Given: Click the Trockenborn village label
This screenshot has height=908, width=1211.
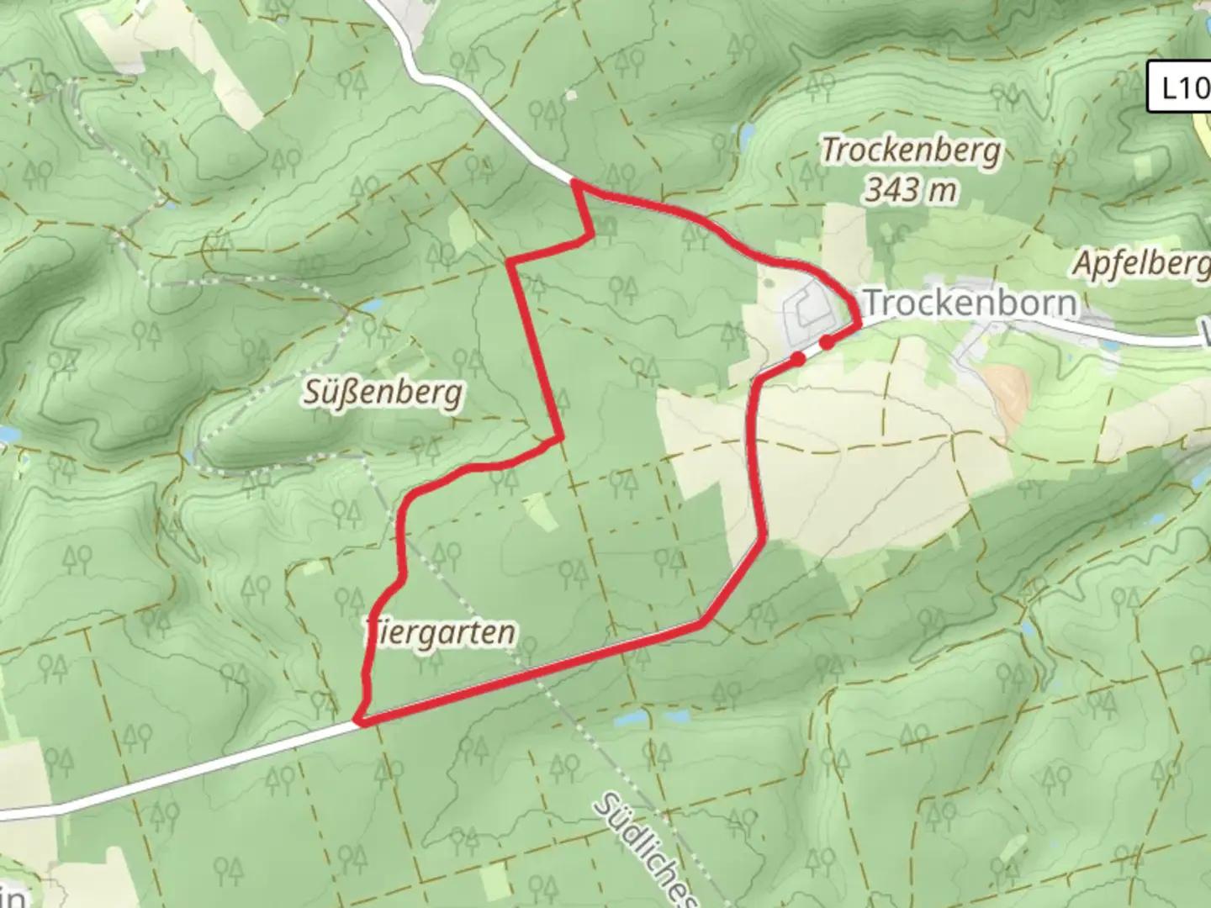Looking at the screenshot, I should pyautogui.click(x=970, y=303).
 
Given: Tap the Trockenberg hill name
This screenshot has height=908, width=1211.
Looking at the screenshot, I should pyautogui.click(x=912, y=151).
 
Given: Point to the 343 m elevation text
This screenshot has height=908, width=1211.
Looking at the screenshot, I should pyautogui.click(x=911, y=190).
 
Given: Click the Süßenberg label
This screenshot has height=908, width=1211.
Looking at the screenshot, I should pyautogui.click(x=383, y=393).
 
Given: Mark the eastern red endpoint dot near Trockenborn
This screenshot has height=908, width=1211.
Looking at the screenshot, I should pyautogui.click(x=828, y=341).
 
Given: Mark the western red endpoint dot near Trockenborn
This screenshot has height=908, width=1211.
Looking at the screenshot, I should pyautogui.click(x=798, y=359).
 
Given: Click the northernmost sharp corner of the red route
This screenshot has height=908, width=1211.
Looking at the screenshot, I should pyautogui.click(x=575, y=182).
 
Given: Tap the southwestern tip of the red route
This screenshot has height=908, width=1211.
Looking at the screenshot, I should pyautogui.click(x=358, y=721).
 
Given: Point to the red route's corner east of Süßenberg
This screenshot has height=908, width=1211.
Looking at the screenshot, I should pyautogui.click(x=559, y=438).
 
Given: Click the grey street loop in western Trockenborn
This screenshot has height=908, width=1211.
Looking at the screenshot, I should pyautogui.click(x=806, y=308).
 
